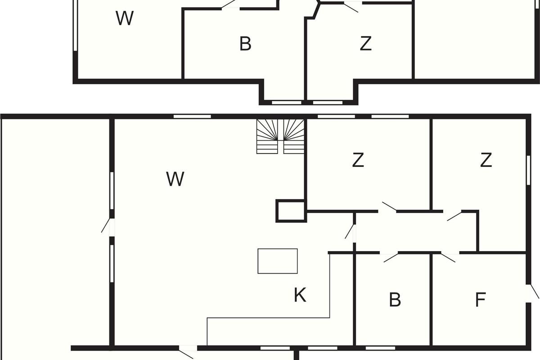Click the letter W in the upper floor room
click(x=125, y=18)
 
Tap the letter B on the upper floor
click(x=245, y=44)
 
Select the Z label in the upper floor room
click(x=365, y=44)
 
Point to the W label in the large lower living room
click(x=175, y=179)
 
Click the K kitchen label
click(x=300, y=295)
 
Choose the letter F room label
click(x=481, y=300)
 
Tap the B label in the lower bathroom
click(x=395, y=300)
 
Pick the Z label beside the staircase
click(x=358, y=160)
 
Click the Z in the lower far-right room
click(x=486, y=160)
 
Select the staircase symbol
click(x=280, y=136)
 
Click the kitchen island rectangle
click(x=278, y=261)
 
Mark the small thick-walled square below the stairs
click(x=291, y=211)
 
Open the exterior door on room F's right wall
click(x=532, y=294)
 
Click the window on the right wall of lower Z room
click(x=528, y=170)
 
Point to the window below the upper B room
click(x=287, y=103)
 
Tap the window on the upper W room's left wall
click(x=75, y=25)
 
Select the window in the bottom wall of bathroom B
click(x=380, y=348)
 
